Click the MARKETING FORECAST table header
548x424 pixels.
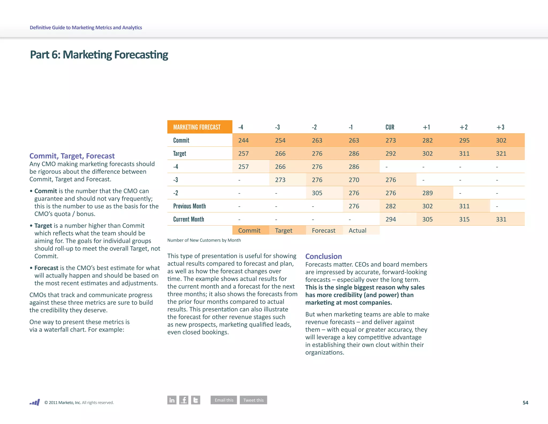(197, 127)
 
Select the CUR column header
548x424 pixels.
(390, 127)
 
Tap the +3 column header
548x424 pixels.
(500, 127)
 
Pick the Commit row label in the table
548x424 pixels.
(181, 140)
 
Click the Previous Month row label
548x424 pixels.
(189, 206)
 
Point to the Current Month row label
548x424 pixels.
(189, 219)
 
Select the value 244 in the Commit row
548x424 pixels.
(243, 140)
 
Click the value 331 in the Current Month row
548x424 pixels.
(501, 219)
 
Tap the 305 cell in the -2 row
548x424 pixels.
(317, 193)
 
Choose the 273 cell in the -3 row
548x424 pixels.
(280, 180)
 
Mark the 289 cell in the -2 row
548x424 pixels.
(428, 193)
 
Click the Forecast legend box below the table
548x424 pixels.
(324, 230)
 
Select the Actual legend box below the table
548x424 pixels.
(358, 230)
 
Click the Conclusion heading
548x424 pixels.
(324, 256)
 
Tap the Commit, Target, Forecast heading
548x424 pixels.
(72, 156)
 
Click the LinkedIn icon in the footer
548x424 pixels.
(172, 400)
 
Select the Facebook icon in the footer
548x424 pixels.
(184, 400)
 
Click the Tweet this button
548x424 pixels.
(253, 400)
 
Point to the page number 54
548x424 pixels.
(526, 403)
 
